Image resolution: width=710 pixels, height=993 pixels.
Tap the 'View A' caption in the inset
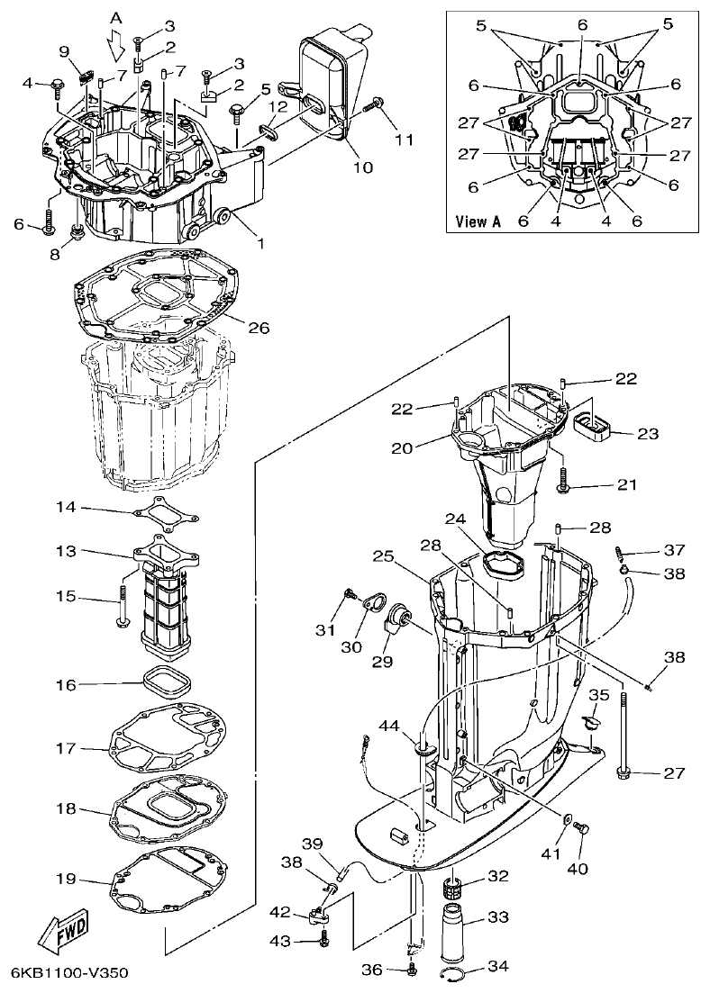click(x=478, y=221)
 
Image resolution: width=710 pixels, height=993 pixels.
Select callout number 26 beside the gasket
click(x=259, y=329)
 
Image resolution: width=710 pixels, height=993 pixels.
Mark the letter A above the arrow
click(x=115, y=17)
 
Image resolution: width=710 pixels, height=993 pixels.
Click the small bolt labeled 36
click(x=411, y=970)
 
